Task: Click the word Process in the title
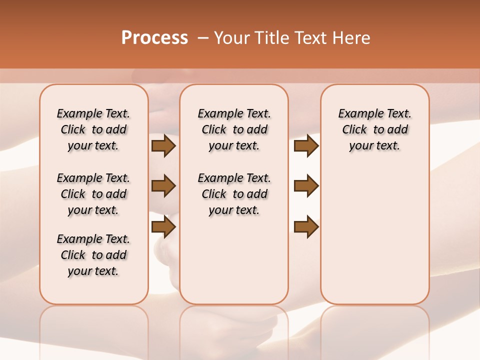point(154,38)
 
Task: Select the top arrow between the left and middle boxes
point(163,146)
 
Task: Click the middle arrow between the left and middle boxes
point(163,186)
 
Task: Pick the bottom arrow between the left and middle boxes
point(163,227)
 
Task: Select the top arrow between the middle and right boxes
point(306,146)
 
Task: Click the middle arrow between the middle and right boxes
point(306,186)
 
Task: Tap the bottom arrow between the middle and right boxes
point(306,227)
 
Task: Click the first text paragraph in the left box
point(93,129)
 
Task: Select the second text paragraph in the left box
point(93,194)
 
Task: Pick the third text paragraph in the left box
point(93,255)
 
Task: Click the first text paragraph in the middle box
point(234,129)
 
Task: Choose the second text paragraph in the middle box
point(234,194)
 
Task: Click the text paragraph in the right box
point(374,129)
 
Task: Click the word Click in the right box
point(354,130)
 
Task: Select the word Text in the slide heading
point(311,38)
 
